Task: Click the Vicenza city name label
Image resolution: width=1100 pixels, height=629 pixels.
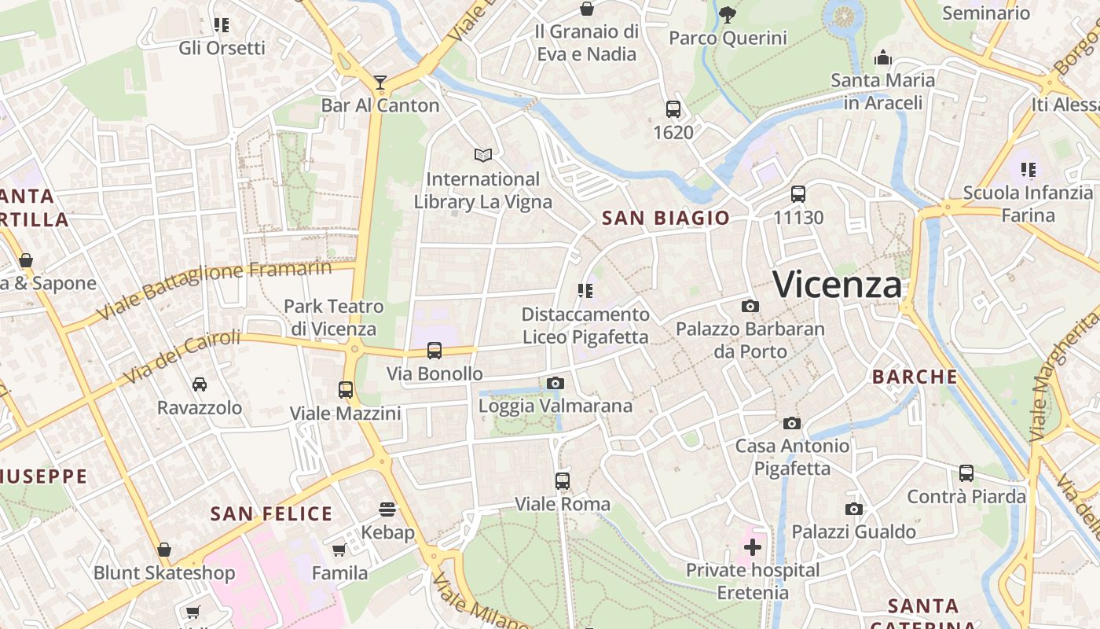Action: (838, 284)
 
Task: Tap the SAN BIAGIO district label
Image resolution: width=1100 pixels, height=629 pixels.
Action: (665, 218)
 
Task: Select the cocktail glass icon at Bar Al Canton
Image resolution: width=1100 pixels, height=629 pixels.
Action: (380, 82)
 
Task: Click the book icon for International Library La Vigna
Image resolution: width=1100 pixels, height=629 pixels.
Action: (482, 156)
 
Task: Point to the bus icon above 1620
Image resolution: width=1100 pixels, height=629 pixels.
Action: (673, 109)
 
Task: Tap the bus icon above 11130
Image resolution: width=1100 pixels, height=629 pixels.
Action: (798, 194)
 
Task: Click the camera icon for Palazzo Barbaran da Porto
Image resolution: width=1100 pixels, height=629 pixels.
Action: (750, 306)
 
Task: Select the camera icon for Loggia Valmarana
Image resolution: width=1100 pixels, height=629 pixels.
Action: (555, 383)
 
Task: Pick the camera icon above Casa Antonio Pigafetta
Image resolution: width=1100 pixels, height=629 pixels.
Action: (792, 423)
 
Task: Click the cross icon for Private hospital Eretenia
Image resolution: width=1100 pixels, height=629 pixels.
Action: (753, 546)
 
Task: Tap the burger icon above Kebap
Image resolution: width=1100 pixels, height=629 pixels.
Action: (387, 509)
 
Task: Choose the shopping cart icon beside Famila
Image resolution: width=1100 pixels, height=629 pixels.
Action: (339, 550)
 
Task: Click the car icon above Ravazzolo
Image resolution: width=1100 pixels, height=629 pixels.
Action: (200, 384)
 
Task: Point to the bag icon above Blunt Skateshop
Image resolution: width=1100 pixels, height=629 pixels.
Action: (164, 549)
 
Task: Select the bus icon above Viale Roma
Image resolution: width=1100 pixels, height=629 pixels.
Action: (562, 480)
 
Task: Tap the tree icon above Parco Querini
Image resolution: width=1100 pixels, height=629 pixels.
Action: (728, 13)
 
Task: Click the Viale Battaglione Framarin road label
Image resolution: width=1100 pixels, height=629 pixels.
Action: (214, 291)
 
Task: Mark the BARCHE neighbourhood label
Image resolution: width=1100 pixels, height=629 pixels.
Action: (915, 377)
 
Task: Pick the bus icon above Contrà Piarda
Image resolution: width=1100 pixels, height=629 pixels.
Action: (966, 473)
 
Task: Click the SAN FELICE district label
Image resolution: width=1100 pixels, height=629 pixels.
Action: (272, 514)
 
